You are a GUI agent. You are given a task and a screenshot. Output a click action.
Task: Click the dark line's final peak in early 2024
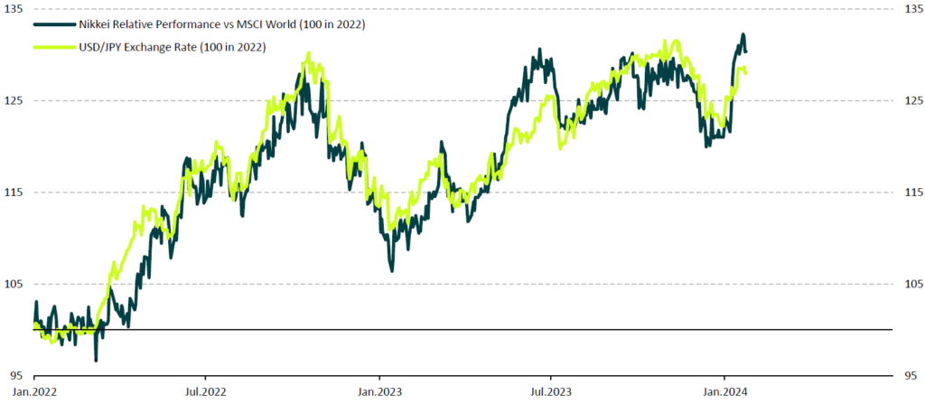pos(743,35)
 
